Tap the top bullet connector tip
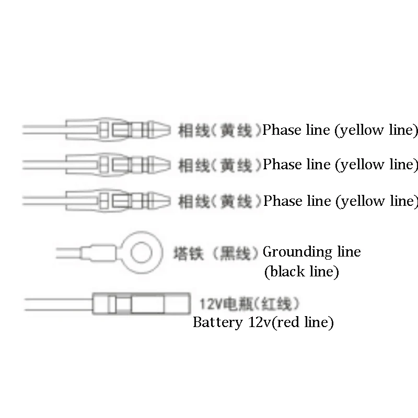tap(161, 129)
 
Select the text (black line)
tap(301, 272)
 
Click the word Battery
tap(216, 322)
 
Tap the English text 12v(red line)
tap(289, 322)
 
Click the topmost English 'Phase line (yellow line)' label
tap(340, 130)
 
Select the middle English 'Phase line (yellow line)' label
tap(340, 165)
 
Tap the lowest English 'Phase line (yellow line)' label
tap(340, 201)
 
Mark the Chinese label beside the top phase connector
tap(219, 130)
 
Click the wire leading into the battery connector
tap(57, 305)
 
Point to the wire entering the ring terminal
tap(71, 254)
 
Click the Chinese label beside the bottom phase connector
tap(219, 201)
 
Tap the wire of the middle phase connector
tap(44, 165)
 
